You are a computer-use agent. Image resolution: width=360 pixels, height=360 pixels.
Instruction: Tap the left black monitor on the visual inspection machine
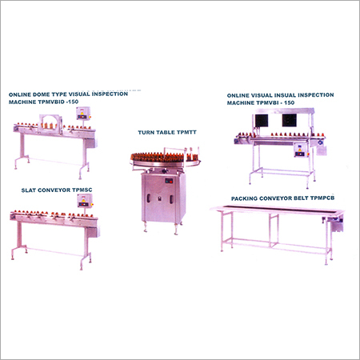tap(262, 121)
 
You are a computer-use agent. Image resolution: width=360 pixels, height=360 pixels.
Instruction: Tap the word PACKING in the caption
tap(245, 197)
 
